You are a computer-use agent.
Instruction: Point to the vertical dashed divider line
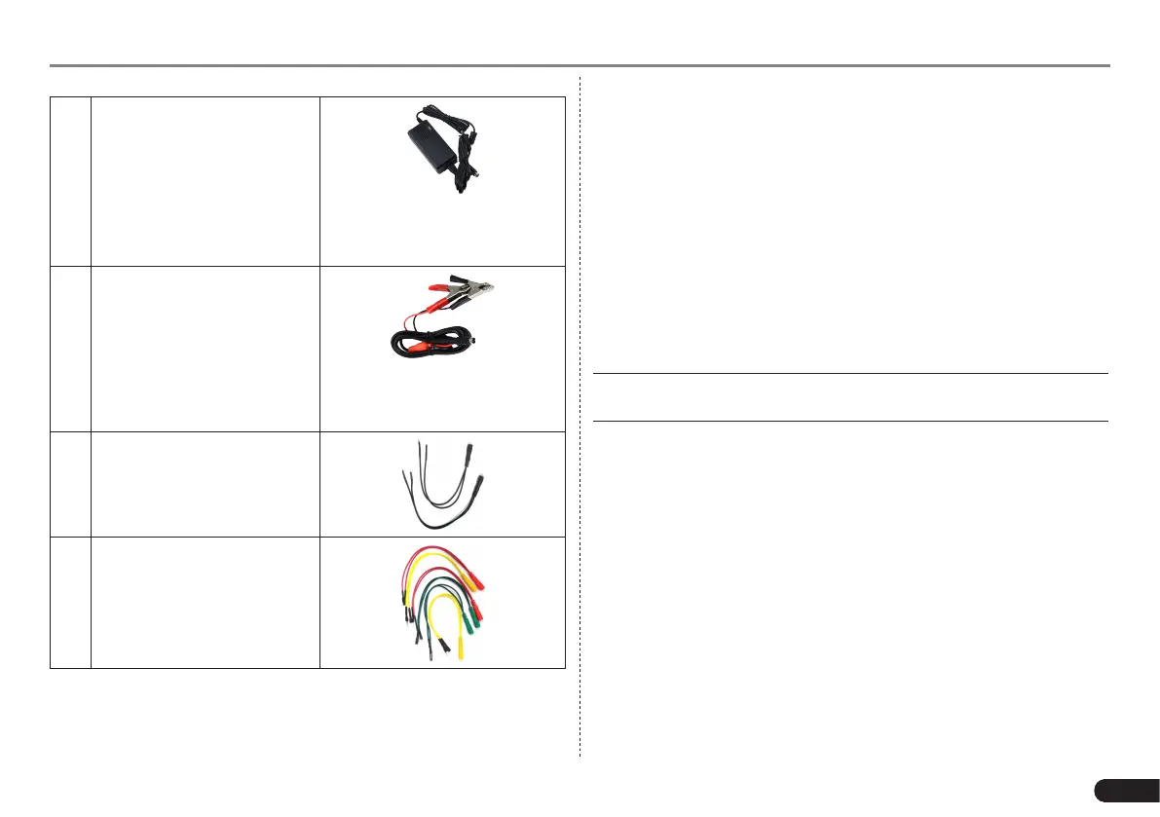[580, 419]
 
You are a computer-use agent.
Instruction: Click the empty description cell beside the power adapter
[205, 180]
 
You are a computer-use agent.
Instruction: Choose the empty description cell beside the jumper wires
[205, 602]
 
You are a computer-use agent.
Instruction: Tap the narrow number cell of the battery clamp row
[70, 349]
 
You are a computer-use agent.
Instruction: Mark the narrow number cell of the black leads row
[70, 484]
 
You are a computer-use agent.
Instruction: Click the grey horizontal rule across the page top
[580, 66]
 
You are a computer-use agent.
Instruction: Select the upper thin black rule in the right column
[850, 373]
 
